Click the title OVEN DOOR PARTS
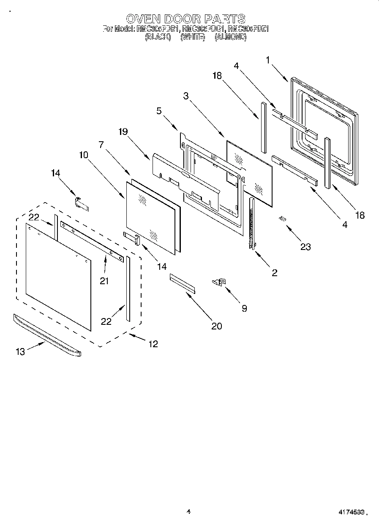coord(185,19)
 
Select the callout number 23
coord(305,247)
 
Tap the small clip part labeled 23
coord(282,218)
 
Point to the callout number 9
coord(244,308)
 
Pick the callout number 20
coord(217,326)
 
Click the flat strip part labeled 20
coord(183,283)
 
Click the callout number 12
coord(153,344)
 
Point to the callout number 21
coord(104,280)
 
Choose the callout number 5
coord(158,112)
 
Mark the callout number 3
coord(185,96)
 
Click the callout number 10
coord(83,155)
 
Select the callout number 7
coord(101,144)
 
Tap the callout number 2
coord(274,273)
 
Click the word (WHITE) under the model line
coord(192,37)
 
